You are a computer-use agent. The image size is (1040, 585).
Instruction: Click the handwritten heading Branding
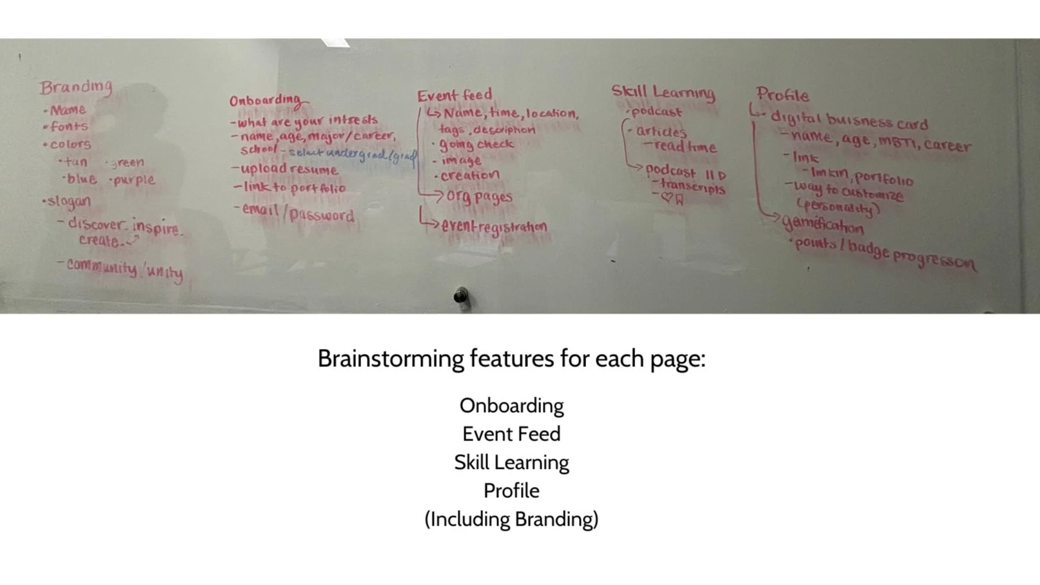pos(76,87)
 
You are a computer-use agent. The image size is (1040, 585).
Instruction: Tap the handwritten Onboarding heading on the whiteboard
pos(266,101)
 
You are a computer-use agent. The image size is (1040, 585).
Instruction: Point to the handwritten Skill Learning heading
pos(663,93)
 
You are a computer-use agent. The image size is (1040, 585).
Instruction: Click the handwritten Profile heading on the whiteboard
pos(783,95)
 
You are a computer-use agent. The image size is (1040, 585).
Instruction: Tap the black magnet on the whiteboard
pos(460,296)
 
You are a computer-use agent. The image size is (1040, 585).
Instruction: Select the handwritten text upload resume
pos(288,170)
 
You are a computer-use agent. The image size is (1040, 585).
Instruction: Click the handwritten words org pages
pos(479,197)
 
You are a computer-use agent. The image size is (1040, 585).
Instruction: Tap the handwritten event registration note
pos(494,226)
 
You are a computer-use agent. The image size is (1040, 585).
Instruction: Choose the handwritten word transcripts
pos(692,187)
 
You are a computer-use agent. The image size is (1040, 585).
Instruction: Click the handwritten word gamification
pos(823,225)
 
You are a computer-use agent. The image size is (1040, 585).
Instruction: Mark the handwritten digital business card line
pos(849,121)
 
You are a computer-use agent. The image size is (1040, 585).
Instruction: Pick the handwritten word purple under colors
pos(134,180)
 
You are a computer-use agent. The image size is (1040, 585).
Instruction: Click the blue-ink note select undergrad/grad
pos(352,154)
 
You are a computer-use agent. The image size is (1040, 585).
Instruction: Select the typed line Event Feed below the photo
pos(511,434)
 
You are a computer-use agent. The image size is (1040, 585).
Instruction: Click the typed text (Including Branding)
pos(511,519)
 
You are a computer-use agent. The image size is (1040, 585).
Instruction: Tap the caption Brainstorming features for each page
pos(511,359)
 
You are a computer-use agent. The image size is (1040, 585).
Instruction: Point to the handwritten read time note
pos(685,147)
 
